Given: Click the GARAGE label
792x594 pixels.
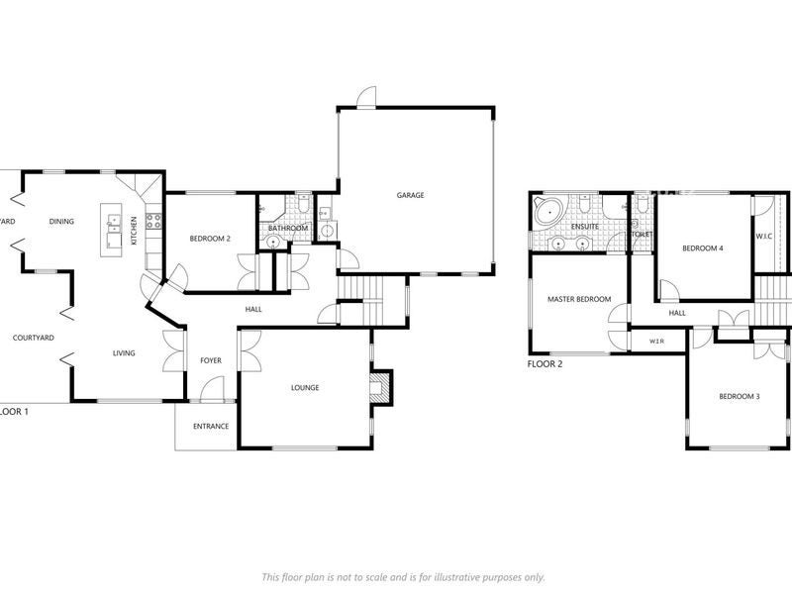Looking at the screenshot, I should click(x=410, y=195).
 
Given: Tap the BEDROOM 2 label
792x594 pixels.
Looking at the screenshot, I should click(x=210, y=239).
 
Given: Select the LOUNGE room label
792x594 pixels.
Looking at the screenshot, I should click(x=305, y=387).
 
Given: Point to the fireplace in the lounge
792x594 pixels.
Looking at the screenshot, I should click(x=380, y=388).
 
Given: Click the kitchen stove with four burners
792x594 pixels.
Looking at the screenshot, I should click(x=153, y=222).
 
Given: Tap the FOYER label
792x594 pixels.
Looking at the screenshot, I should click(x=211, y=360).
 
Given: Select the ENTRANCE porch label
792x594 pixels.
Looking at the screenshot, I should click(x=211, y=427).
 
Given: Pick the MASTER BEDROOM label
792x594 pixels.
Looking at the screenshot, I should click(x=579, y=299).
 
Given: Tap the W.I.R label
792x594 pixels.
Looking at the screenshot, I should click(x=656, y=342).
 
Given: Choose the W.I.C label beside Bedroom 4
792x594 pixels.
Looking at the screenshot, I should click(x=764, y=237).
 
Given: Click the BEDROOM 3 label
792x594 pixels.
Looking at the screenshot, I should click(x=739, y=396).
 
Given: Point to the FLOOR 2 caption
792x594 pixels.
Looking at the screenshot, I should click(x=544, y=364).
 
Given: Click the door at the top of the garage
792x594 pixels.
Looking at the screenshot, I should click(x=367, y=97).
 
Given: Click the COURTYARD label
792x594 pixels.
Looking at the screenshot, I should click(x=33, y=338).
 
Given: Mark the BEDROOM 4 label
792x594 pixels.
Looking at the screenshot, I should click(x=703, y=247).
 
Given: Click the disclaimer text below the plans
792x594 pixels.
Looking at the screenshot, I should click(x=402, y=577).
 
